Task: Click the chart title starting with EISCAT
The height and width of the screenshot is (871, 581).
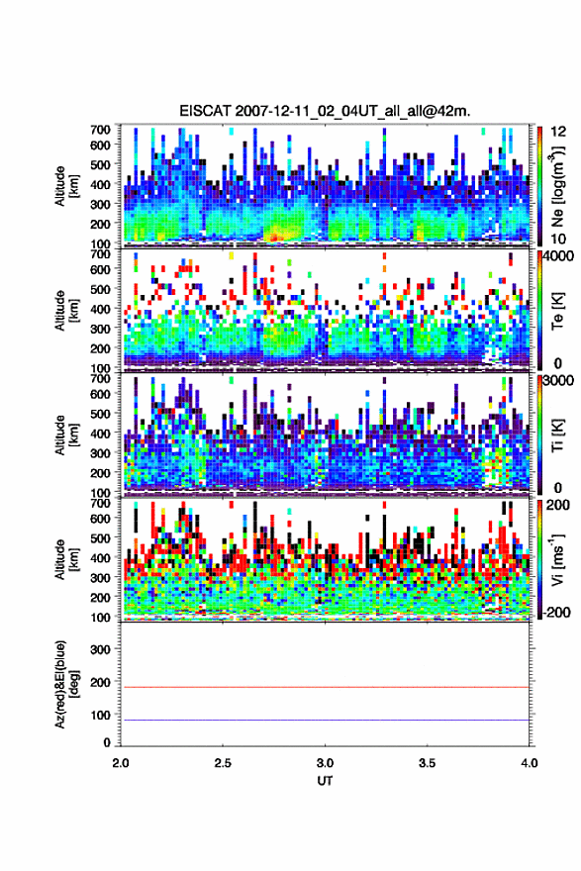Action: pyautogui.click(x=325, y=111)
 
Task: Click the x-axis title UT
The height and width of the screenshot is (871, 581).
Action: pyautogui.click(x=325, y=781)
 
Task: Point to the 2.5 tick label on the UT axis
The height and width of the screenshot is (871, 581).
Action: pyautogui.click(x=223, y=763)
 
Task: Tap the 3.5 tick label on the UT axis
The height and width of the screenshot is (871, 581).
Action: pyautogui.click(x=427, y=763)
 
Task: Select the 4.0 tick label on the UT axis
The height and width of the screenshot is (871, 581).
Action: pyautogui.click(x=529, y=763)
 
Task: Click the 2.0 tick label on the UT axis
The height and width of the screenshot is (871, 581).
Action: pyautogui.click(x=121, y=763)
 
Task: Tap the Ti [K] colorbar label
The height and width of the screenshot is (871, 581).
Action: pyautogui.click(x=557, y=435)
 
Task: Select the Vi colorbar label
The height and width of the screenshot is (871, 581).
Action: pyautogui.click(x=557, y=559)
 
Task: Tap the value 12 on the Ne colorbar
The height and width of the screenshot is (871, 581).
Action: pyautogui.click(x=558, y=132)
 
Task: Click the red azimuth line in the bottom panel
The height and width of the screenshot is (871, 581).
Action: pyautogui.click(x=325, y=687)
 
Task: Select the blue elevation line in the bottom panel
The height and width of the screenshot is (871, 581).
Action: pyautogui.click(x=325, y=720)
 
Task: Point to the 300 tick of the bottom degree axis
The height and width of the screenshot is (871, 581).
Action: pyautogui.click(x=101, y=649)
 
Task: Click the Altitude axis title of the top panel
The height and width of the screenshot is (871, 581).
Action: pyautogui.click(x=66, y=185)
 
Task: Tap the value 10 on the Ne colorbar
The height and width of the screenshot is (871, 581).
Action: pyautogui.click(x=558, y=240)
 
